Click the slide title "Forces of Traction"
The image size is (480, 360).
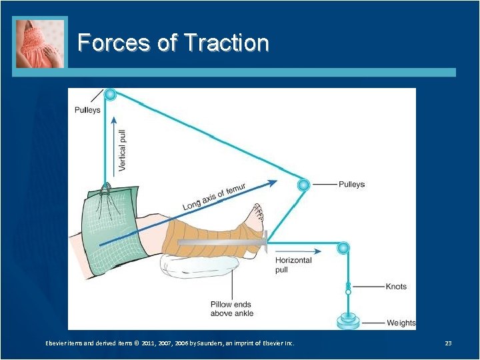pos(173,43)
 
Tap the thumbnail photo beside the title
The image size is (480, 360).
pos(40,43)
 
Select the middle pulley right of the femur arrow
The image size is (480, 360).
pos(304,184)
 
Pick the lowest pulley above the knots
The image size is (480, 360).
pos(343,249)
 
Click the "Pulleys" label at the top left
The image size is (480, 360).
pos(87,110)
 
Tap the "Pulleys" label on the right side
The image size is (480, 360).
pos(351,184)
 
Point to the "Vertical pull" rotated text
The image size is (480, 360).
pos(122,149)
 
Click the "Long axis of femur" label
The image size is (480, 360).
pos(214,197)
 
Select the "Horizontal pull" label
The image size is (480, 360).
pos(293,265)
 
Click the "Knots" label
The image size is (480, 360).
pos(396,287)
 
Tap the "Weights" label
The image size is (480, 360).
pos(401,323)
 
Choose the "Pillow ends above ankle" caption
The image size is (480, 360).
pos(232,309)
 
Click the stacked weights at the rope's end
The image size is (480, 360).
pos(348,321)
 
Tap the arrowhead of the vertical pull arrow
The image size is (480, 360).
pos(115,121)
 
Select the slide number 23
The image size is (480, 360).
pos(448,343)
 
